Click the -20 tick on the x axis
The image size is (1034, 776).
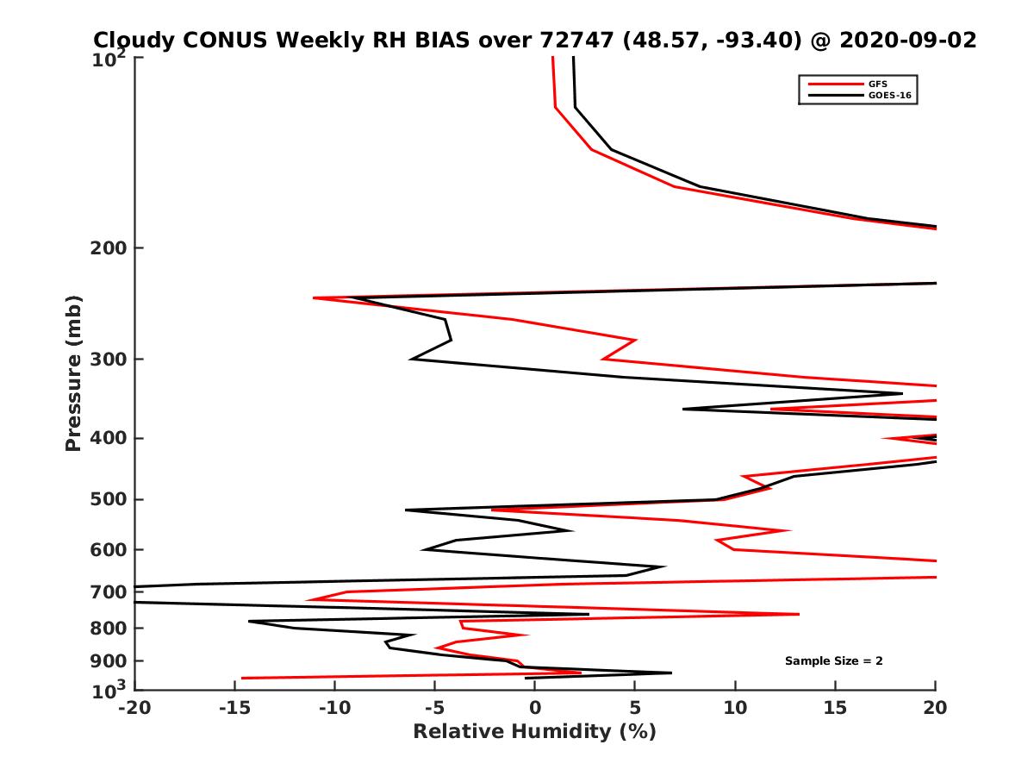pos(134,709)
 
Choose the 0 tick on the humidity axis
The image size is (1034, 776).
pos(535,709)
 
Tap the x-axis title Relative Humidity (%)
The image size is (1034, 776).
pos(534,732)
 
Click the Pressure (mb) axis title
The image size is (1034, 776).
pos(73,373)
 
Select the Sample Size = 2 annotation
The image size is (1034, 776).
pos(833,661)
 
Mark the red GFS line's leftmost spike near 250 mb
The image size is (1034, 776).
pos(315,298)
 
